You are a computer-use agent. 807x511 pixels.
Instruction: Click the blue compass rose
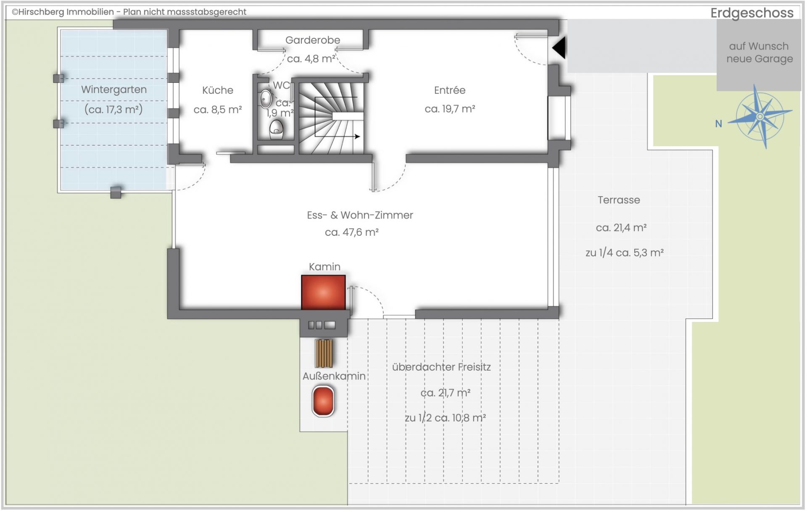pos(760,116)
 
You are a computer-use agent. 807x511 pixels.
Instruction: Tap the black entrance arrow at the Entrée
pos(559,47)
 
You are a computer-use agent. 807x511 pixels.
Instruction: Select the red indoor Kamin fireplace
pos(323,292)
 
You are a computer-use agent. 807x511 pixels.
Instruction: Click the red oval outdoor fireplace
pos(323,401)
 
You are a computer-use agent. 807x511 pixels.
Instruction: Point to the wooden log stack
pos(324,353)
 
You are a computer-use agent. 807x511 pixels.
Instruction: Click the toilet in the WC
pos(276,129)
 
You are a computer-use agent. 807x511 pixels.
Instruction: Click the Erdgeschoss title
pos(752,13)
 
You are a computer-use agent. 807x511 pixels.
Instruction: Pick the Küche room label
pos(217,90)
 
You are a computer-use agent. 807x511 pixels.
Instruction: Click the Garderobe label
pos(313,40)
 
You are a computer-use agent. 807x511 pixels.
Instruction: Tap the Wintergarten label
pos(114,90)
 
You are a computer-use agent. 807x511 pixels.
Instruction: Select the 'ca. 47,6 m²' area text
pos(352,232)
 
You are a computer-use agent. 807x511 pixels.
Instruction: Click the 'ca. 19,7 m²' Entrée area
pos(450,109)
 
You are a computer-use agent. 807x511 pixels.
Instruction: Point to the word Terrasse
pos(619,200)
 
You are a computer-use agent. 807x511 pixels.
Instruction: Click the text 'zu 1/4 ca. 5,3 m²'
pos(625,253)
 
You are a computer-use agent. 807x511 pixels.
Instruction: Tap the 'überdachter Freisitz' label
pos(441,367)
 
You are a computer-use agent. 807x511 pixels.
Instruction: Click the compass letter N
pos(719,124)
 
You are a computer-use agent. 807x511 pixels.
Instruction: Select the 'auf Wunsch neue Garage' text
pos(759,53)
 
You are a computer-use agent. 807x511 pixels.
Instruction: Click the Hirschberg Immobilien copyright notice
pos(129,12)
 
